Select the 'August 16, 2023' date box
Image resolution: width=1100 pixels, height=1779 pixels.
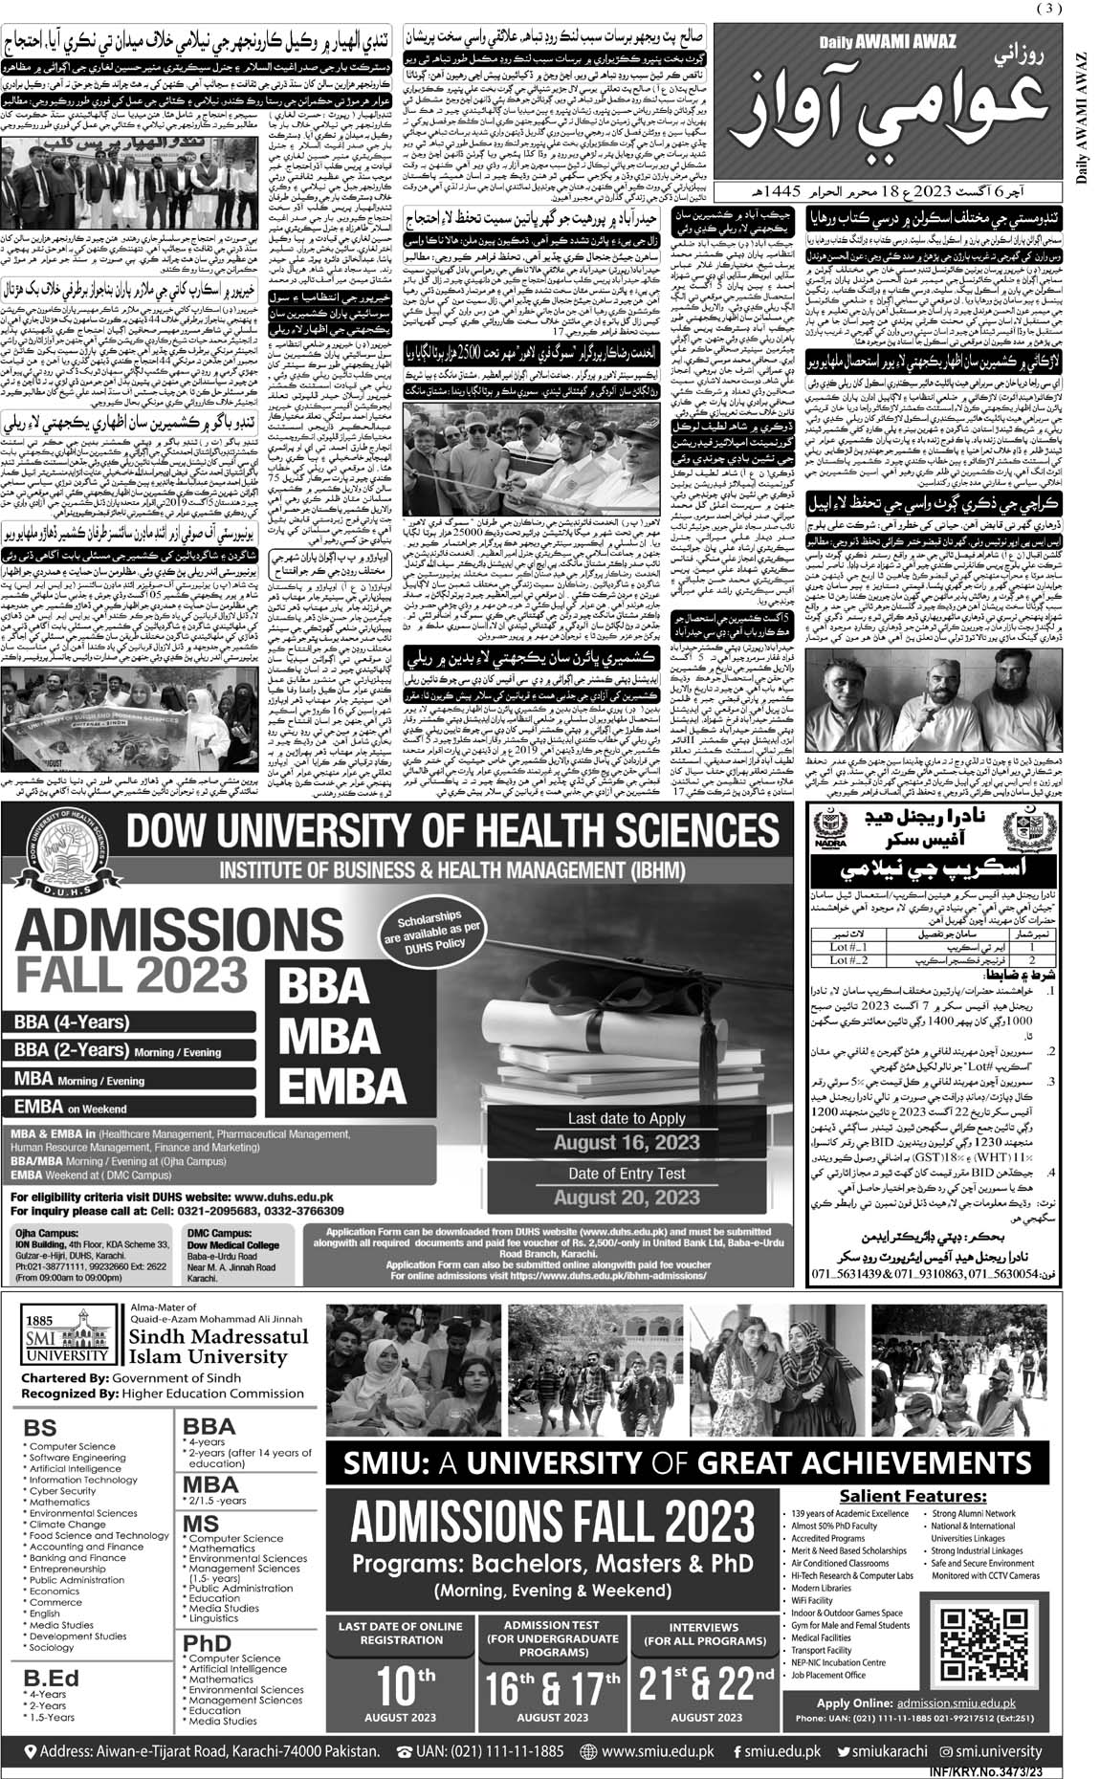(x=627, y=1143)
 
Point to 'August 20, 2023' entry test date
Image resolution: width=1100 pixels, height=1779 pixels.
(x=627, y=1197)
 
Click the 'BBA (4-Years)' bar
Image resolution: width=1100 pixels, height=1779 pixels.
(x=72, y=1021)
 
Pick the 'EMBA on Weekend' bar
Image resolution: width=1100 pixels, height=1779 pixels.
(x=72, y=1108)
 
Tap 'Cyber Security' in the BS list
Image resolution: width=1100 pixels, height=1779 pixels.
(x=63, y=1490)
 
